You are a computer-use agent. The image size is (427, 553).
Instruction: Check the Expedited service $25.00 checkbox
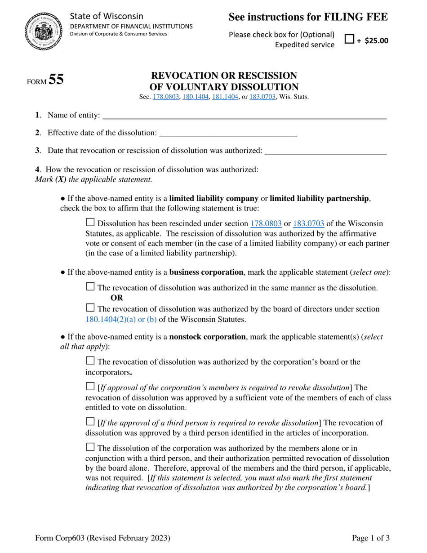tap(349, 39)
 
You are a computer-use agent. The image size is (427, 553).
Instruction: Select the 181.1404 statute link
tap(226, 96)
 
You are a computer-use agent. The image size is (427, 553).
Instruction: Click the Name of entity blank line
tap(245, 116)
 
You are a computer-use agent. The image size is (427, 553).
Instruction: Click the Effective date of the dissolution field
tap(228, 133)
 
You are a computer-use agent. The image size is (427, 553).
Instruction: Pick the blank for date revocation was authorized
tap(325, 151)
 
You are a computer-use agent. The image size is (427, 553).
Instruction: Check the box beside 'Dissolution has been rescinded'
tap(90, 223)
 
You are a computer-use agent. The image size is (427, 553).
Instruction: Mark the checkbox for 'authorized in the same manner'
tap(90, 286)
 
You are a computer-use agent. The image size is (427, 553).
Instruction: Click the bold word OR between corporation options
tap(117, 298)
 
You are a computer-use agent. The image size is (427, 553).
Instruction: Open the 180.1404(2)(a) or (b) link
tap(121, 320)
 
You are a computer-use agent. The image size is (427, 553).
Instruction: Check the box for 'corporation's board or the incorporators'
tap(90, 361)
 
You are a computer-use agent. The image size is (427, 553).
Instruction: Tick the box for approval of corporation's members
tap(90, 387)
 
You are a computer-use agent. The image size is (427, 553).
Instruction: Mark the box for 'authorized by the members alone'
tap(90, 447)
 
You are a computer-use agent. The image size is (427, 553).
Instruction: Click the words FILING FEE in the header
tap(355, 17)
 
